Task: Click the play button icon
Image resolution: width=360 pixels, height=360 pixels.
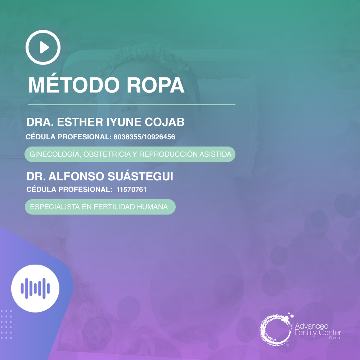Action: click(43, 47)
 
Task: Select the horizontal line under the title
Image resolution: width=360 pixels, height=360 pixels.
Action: click(131, 104)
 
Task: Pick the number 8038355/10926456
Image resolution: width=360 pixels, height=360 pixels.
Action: click(144, 137)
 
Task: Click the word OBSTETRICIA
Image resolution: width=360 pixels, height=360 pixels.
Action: click(103, 154)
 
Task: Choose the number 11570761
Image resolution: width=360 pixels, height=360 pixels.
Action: click(131, 189)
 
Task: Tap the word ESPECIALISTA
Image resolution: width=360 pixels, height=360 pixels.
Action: click(52, 207)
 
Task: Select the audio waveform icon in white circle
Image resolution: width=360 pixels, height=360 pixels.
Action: click(35, 288)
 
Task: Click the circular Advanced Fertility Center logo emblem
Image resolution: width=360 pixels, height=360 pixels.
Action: click(275, 329)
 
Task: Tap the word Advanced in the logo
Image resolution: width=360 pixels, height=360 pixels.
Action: click(311, 326)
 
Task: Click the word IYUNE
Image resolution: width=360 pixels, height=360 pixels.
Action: click(124, 122)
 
